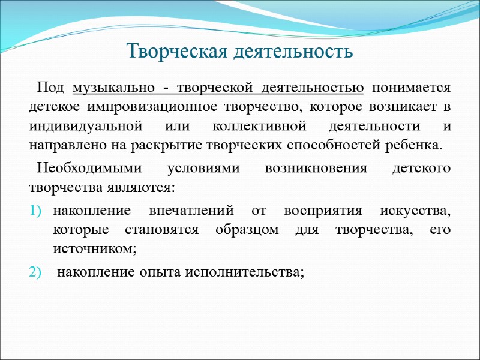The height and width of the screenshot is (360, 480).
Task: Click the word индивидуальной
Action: pos(77,127)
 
